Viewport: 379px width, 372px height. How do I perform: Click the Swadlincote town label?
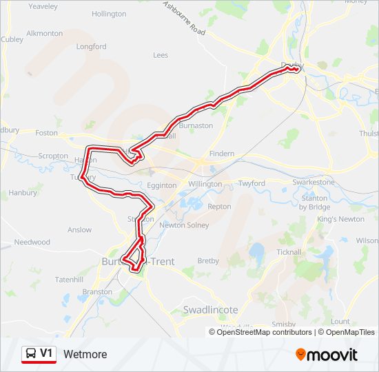pos(210,310)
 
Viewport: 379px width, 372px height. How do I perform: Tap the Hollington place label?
pos(109,14)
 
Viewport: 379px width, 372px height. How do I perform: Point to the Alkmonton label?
pos(44,33)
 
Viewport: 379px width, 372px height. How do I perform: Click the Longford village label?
pos(92,47)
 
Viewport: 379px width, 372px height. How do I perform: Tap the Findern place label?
pos(221,154)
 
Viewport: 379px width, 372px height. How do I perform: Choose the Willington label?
pos(205,185)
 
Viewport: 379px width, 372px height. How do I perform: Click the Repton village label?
pos(219,207)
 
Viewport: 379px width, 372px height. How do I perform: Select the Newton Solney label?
pos(183,225)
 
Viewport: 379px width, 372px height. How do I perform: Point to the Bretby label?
pos(208,261)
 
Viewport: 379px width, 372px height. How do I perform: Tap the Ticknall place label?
pos(289,252)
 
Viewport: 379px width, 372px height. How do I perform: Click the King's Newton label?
pos(340,219)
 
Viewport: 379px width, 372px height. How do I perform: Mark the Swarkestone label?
pos(314,182)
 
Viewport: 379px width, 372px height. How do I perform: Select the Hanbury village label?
pos(23,193)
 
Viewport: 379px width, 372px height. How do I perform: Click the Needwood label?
pos(32,242)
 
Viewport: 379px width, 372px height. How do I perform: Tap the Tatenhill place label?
pos(69,279)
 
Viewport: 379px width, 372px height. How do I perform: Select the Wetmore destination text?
pos(85,355)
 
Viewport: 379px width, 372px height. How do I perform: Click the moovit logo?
pos(327,355)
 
